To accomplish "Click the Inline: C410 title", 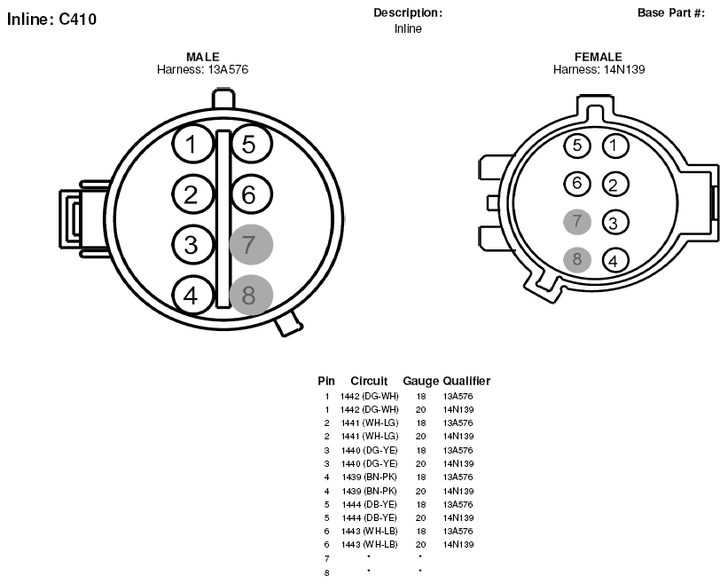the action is click(51, 19).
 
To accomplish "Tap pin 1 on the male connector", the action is click(192, 144).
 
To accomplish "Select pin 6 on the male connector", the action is click(250, 194).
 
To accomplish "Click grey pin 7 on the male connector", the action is click(251, 244).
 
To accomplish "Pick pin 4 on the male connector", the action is click(192, 295).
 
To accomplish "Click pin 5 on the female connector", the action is click(577, 146).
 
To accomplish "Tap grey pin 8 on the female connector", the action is click(577, 259).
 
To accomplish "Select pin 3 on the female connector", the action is click(615, 223).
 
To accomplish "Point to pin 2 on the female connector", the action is click(615, 185).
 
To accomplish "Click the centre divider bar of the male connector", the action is click(223, 219).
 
